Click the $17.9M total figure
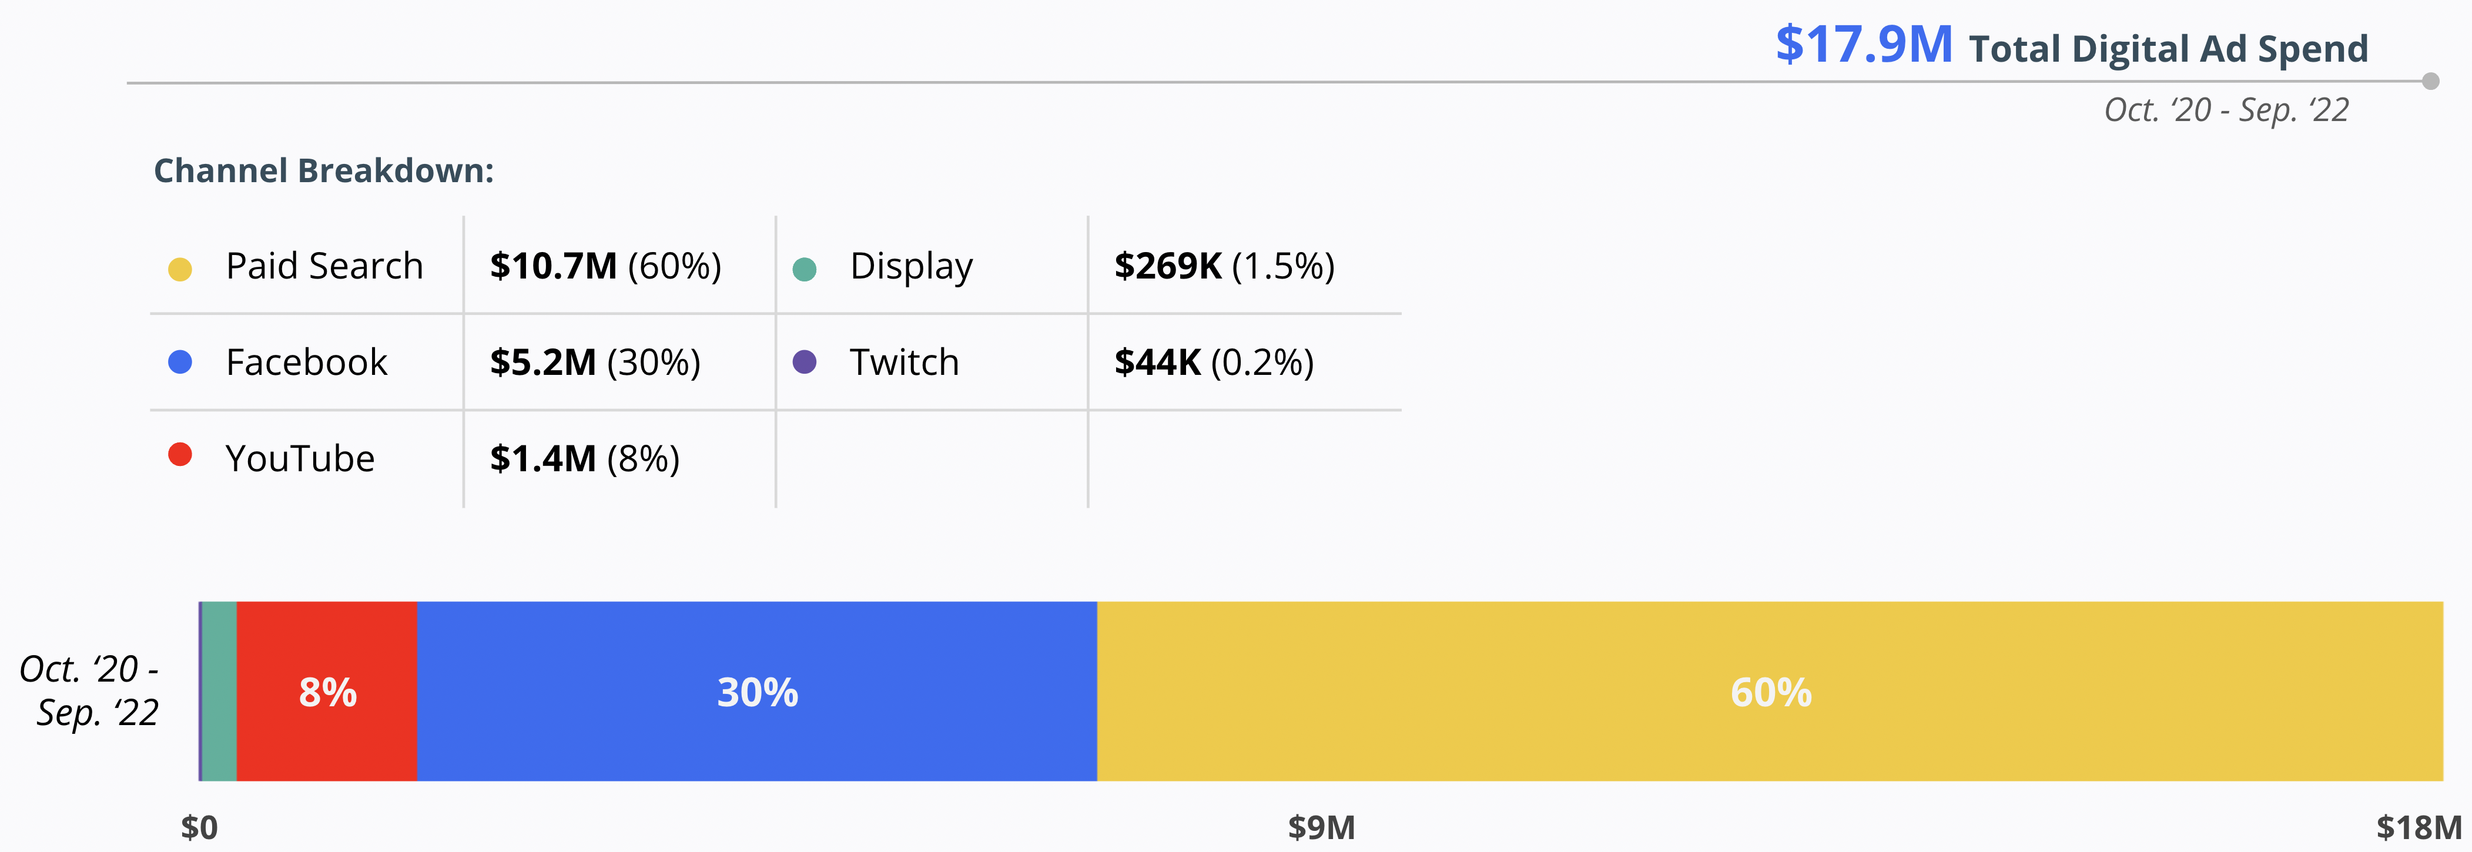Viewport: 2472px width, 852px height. click(x=1864, y=45)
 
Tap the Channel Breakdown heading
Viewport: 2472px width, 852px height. click(x=323, y=171)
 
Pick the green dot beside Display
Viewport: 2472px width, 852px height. click(x=804, y=269)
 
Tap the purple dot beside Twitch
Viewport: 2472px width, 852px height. click(x=804, y=362)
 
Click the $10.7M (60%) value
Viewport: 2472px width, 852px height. click(x=605, y=266)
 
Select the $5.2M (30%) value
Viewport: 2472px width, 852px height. click(x=595, y=363)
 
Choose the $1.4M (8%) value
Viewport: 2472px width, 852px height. click(x=584, y=459)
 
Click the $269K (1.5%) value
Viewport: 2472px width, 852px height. click(x=1224, y=266)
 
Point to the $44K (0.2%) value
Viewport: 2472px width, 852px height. click(x=1213, y=363)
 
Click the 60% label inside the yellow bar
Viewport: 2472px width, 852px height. click(x=1770, y=693)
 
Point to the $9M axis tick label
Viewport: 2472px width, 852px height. click(x=1321, y=827)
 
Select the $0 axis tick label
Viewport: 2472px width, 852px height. click(x=200, y=827)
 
